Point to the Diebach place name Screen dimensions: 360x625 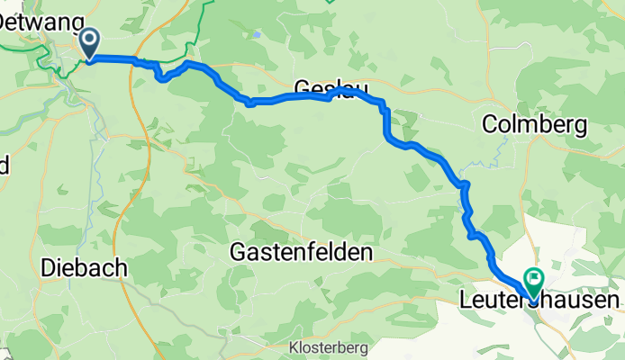(83, 268)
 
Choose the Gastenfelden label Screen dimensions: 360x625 (301, 253)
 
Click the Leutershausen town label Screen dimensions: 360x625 (540, 300)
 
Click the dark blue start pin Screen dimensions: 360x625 (90, 41)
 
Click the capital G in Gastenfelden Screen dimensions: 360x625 (239, 253)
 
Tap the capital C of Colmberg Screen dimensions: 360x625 (492, 125)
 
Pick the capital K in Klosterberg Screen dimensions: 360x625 (293, 347)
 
